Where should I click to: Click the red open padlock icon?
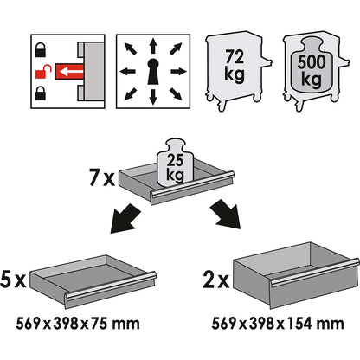pos(43,72)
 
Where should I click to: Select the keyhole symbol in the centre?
pos(153,72)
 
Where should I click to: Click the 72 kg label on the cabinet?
pos(235,66)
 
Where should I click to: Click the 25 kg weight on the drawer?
pos(175,164)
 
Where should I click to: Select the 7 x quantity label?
pos(102,178)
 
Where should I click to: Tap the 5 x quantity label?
pos(13,279)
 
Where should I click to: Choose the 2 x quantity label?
pos(216,280)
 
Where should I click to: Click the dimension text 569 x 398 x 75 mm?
pos(78,324)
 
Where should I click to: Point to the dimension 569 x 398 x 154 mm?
pos(278,324)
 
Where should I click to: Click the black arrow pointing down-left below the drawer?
pos(125,218)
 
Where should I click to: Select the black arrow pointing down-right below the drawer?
pos(226,214)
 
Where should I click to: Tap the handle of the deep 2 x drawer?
pos(314,273)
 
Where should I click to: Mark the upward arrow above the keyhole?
pos(153,46)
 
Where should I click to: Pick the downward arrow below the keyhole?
pos(153,97)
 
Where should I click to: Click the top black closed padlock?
pos(41,49)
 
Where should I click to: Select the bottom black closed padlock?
pos(41,93)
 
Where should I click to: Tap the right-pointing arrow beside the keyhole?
pos(179,71)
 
